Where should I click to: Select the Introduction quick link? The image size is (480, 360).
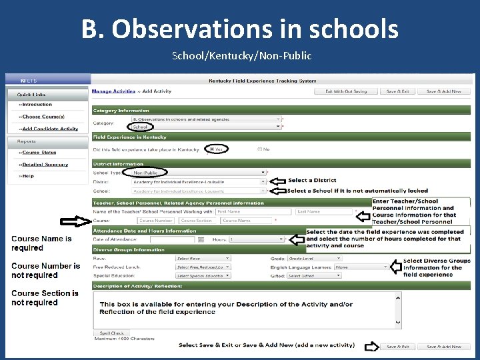coord(37,105)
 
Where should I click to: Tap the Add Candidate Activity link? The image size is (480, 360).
coord(49,129)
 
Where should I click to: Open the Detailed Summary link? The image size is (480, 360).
coord(45,164)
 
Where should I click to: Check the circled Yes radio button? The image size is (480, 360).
coord(213,149)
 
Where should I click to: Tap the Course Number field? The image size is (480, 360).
coord(157,220)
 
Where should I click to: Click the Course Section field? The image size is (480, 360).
coord(197,220)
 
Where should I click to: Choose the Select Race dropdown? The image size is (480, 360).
coord(203,258)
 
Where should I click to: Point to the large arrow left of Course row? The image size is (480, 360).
coord(73,221)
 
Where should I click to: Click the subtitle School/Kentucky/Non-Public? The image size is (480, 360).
coord(241,56)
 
